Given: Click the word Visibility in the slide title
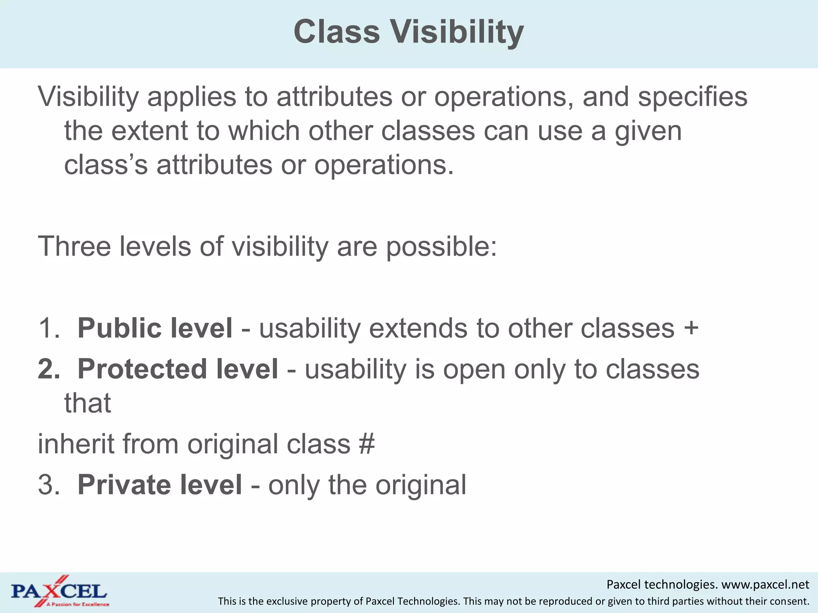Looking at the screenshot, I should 457,32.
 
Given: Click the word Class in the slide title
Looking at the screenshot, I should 337,32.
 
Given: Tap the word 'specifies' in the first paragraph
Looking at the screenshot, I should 692,97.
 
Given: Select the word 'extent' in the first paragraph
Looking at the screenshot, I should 149,131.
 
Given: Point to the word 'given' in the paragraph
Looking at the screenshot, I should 648,132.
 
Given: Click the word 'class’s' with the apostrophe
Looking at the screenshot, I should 106,165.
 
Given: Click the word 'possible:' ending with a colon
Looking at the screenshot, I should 441,247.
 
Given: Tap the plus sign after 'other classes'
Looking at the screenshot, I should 691,328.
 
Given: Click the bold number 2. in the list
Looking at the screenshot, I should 49,369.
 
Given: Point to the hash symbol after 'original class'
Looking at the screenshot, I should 367,444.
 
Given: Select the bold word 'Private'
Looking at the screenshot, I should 125,485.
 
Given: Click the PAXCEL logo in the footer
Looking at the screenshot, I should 59,591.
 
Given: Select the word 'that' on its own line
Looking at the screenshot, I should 87,403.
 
